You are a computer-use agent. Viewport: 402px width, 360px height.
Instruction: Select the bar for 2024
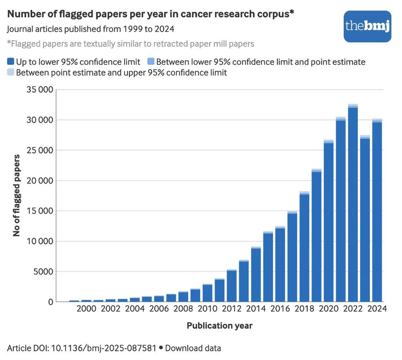377,211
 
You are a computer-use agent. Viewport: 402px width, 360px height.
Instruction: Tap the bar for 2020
329,221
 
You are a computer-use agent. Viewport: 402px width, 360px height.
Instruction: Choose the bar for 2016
280,264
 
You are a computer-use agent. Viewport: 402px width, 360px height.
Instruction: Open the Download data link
193,347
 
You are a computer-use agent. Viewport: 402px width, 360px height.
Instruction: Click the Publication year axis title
220,325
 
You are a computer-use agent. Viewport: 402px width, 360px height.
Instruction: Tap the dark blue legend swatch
11,62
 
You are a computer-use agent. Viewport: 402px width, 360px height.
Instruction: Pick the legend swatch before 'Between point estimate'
11,72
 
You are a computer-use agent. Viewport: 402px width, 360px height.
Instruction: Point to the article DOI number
104,347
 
